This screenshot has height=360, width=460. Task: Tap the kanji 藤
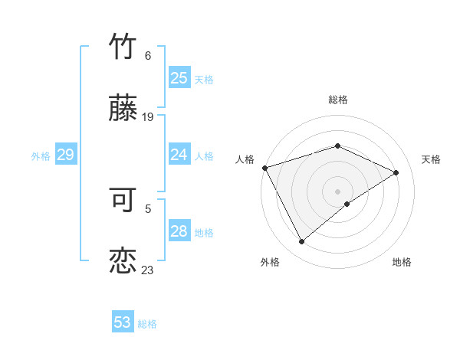(x=123, y=109)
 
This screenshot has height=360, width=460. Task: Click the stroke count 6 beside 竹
(x=148, y=56)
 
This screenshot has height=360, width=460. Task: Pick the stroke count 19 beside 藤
(x=148, y=117)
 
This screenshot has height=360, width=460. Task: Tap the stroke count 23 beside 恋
(x=148, y=270)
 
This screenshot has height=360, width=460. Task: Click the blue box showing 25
(x=179, y=78)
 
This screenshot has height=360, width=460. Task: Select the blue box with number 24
(x=179, y=155)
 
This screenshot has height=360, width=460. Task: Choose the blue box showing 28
(x=179, y=231)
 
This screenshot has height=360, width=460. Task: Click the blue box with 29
(x=65, y=155)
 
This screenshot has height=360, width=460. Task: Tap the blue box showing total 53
(x=123, y=322)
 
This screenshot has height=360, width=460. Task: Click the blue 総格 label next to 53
(x=147, y=324)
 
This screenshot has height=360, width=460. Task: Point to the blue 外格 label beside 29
(x=41, y=156)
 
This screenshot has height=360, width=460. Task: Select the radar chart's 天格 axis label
(x=431, y=159)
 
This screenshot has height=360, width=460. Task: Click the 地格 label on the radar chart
(x=402, y=262)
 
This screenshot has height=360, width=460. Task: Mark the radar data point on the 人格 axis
(x=264, y=168)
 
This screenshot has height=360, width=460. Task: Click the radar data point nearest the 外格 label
(x=301, y=242)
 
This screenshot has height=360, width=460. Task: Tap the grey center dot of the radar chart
(x=337, y=191)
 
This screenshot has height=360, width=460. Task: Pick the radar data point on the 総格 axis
(x=337, y=146)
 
